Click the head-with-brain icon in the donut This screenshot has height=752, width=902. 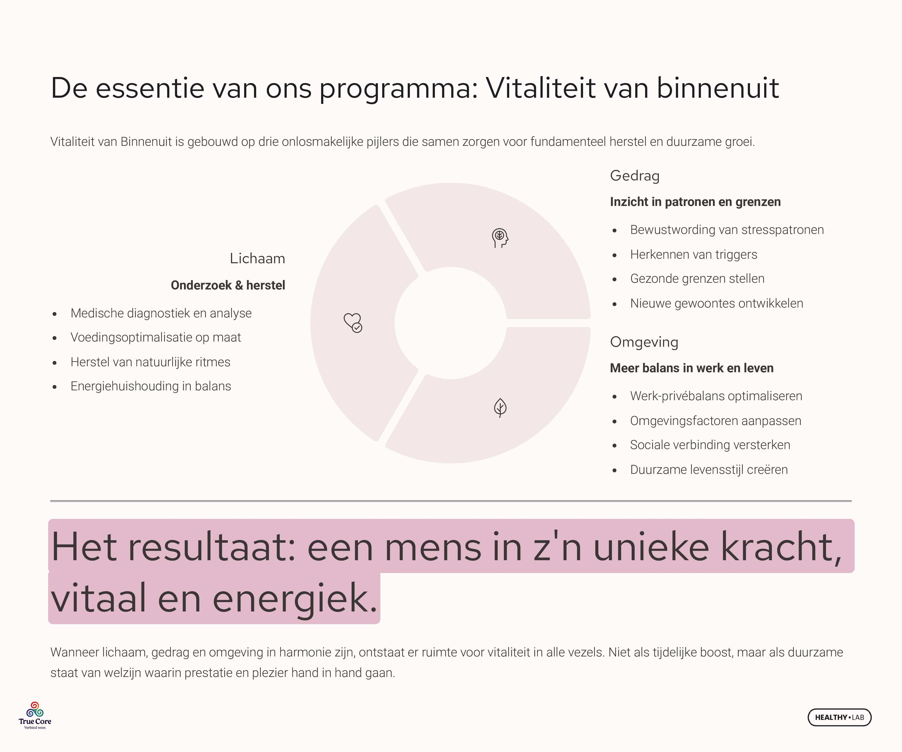tap(500, 238)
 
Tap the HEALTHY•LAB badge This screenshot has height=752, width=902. tap(839, 717)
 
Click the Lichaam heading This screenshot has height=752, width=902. tap(257, 258)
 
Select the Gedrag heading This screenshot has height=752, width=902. tap(635, 176)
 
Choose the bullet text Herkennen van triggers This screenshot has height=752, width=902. tap(694, 254)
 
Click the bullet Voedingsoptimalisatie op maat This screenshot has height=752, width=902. tap(155, 337)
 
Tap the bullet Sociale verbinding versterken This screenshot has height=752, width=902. tap(710, 445)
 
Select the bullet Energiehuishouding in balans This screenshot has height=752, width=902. tap(151, 386)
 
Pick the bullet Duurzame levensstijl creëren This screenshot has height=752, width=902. tap(709, 469)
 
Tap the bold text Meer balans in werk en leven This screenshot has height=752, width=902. tap(692, 368)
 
